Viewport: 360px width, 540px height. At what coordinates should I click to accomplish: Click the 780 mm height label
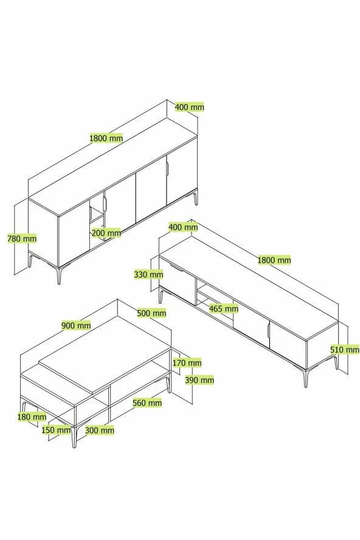pos(22,238)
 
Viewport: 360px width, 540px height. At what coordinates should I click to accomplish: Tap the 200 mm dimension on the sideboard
pos(106,233)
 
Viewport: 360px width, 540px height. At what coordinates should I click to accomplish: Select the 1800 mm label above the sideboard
pos(106,138)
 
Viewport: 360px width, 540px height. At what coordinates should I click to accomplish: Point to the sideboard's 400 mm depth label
pos(190,107)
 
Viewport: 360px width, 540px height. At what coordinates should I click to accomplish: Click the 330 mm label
pos(148,274)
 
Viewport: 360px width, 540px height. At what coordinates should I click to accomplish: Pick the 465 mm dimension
pos(224,308)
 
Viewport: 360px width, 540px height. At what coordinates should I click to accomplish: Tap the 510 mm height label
pos(345,350)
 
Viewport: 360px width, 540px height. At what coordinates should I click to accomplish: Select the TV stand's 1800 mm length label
pos(274,260)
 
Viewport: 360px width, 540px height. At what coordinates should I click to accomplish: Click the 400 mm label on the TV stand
pos(183,227)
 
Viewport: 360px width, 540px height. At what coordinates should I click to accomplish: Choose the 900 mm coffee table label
pos(76,325)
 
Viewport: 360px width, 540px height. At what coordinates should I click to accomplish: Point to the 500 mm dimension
pos(151,313)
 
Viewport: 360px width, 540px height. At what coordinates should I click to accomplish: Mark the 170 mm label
pos(187,362)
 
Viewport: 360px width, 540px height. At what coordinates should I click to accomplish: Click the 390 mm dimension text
pos(199,380)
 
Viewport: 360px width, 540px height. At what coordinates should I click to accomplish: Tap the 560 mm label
pos(147,402)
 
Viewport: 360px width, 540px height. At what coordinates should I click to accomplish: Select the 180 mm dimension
pos(32,417)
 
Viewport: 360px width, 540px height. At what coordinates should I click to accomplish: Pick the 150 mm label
pos(56,430)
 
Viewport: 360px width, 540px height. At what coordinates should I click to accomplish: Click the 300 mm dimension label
pos(100,430)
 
